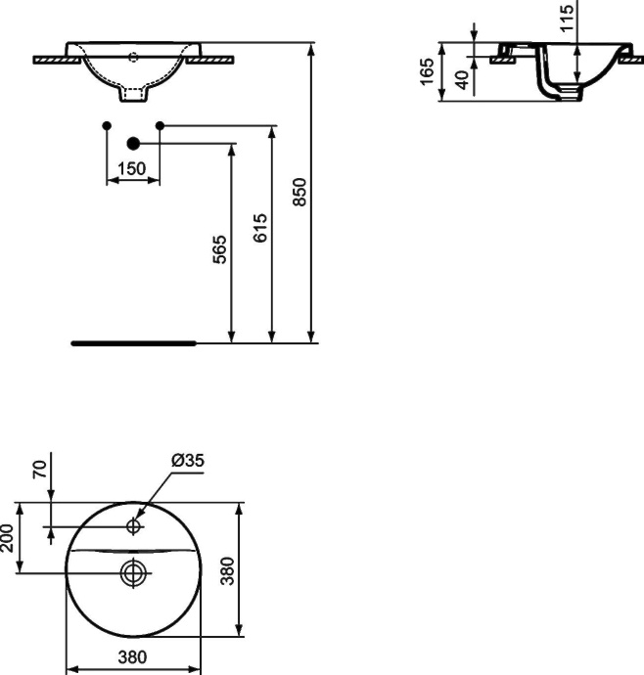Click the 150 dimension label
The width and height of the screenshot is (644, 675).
tap(132, 168)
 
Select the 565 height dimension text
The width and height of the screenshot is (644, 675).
tap(221, 250)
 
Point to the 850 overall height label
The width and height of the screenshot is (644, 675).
tap(301, 192)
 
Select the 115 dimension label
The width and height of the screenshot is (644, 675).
tap(567, 17)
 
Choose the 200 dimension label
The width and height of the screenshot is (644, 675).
tap(9, 537)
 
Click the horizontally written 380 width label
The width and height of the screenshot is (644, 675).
tap(133, 659)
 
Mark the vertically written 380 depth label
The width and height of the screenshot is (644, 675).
tap(227, 568)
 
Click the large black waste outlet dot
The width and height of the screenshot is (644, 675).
tap(134, 143)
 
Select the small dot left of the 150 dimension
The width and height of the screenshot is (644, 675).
tap(107, 125)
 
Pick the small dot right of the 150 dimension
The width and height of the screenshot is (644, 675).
tap(161, 125)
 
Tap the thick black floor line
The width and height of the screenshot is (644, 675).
tap(134, 343)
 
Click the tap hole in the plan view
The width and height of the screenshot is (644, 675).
tap(134, 527)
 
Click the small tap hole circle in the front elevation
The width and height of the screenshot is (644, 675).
tap(134, 57)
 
